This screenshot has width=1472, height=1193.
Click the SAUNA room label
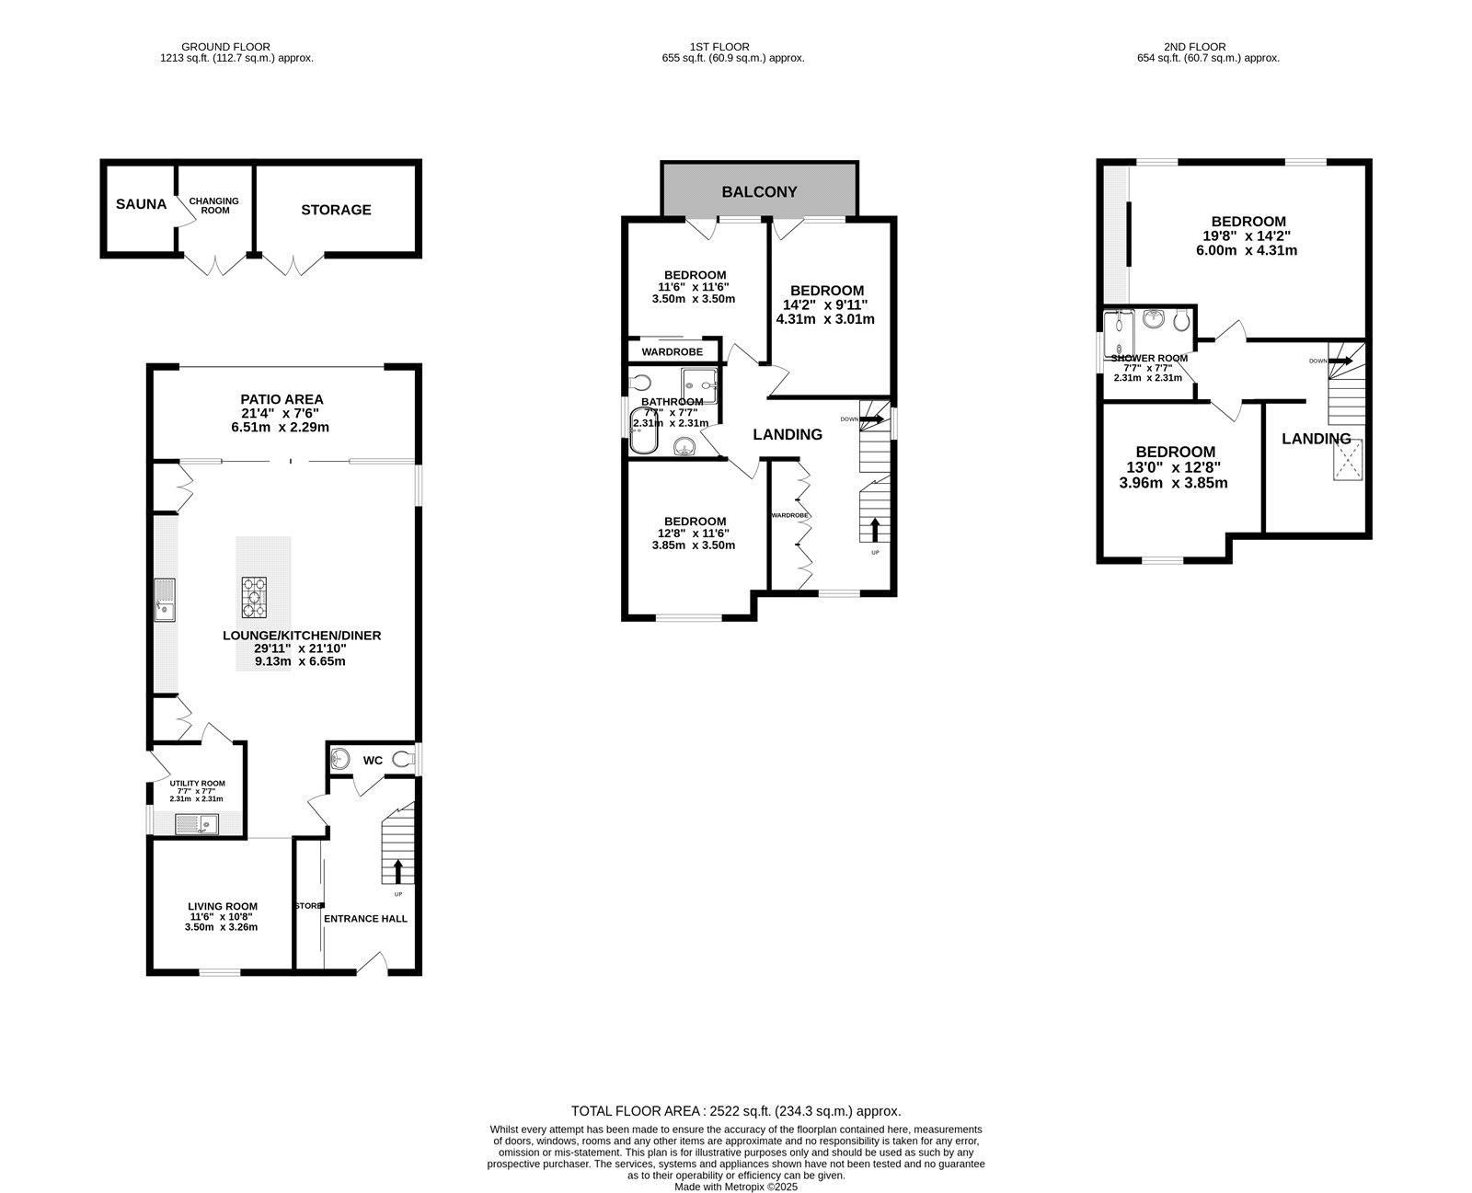click(141, 204)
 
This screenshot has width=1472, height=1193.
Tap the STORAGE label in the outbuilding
click(336, 210)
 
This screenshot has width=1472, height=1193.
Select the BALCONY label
click(759, 192)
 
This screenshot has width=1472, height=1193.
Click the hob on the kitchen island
click(255, 597)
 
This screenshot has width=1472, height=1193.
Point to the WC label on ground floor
click(373, 760)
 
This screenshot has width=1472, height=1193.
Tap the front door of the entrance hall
click(372, 964)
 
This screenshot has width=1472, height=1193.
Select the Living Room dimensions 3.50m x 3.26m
click(221, 927)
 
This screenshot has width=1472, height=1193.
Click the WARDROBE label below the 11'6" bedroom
click(672, 352)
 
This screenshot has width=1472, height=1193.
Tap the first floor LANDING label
click(788, 434)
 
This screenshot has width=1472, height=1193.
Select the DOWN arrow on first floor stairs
click(872, 419)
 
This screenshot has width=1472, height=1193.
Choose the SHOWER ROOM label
click(1149, 359)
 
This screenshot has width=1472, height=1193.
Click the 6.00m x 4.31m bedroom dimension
click(1248, 250)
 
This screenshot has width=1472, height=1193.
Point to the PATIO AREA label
click(282, 399)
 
